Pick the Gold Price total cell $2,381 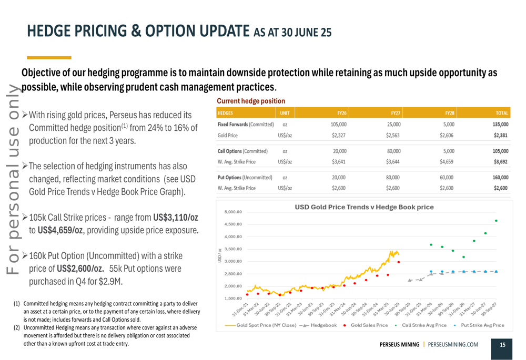pos(500,135)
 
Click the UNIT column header pos(285,112)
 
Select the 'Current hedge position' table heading pos(251,101)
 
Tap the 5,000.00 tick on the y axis pos(233,212)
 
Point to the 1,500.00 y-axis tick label pos(233,299)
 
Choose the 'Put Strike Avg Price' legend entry pos(482,325)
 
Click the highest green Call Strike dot pos(496,221)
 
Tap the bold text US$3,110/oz pos(176,217)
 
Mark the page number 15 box pos(502,345)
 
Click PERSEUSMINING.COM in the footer pos(453,345)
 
